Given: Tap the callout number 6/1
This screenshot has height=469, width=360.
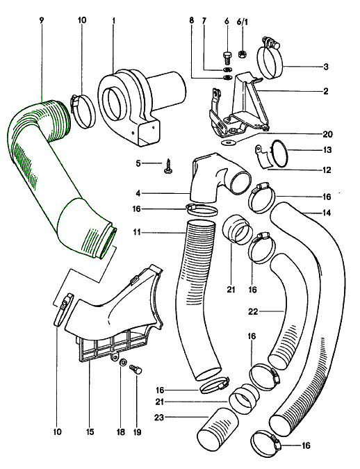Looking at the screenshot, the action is pyautogui.click(x=243, y=22).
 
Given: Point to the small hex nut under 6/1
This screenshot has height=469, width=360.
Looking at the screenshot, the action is pyautogui.click(x=242, y=54).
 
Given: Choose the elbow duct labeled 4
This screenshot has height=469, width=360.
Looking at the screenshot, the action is pyautogui.click(x=217, y=178).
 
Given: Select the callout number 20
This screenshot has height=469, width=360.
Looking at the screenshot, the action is pyautogui.click(x=327, y=134).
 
